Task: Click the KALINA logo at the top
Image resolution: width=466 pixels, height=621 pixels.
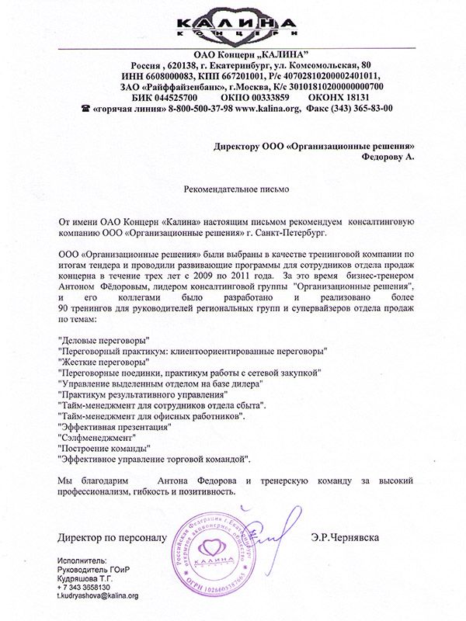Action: [x=232, y=23]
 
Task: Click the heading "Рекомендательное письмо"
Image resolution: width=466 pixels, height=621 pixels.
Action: [x=232, y=188]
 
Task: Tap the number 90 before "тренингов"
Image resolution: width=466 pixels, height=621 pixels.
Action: [x=64, y=309]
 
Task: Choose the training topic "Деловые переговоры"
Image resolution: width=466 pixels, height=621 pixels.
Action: [x=105, y=340]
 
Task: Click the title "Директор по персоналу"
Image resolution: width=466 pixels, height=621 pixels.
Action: [x=112, y=536]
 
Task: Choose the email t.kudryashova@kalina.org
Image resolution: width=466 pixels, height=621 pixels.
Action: [x=97, y=596]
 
